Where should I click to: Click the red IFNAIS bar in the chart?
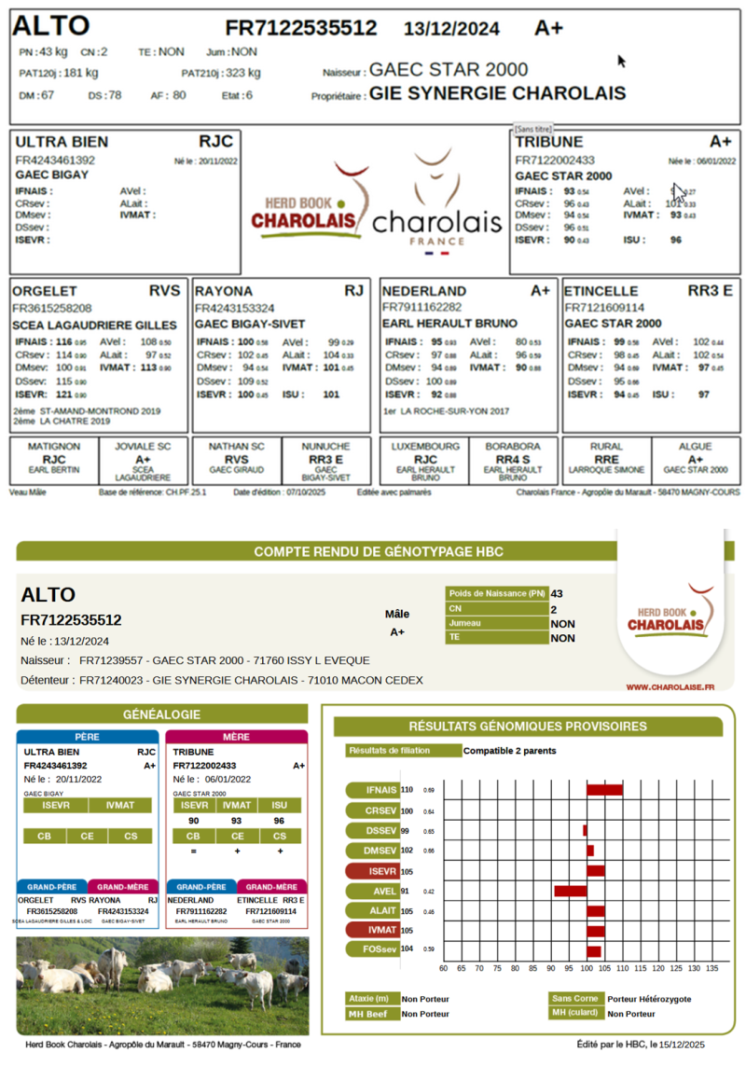tap(604, 790)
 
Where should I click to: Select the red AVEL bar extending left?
tap(570, 891)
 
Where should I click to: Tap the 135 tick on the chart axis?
tap(711, 968)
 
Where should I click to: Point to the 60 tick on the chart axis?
tap(443, 968)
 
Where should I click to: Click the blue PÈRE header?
tap(90, 737)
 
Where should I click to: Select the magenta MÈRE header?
tap(236, 737)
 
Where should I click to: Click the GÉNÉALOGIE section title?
tap(161, 714)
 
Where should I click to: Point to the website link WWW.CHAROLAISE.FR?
tap(670, 686)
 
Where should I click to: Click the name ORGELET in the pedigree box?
tap(46, 291)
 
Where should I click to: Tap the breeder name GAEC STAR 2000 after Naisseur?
tap(449, 70)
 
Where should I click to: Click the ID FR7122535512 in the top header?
tap(301, 28)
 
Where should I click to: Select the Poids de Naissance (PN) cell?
tap(497, 593)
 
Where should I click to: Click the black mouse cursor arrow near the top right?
tap(621, 62)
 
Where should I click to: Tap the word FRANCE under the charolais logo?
tap(436, 241)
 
